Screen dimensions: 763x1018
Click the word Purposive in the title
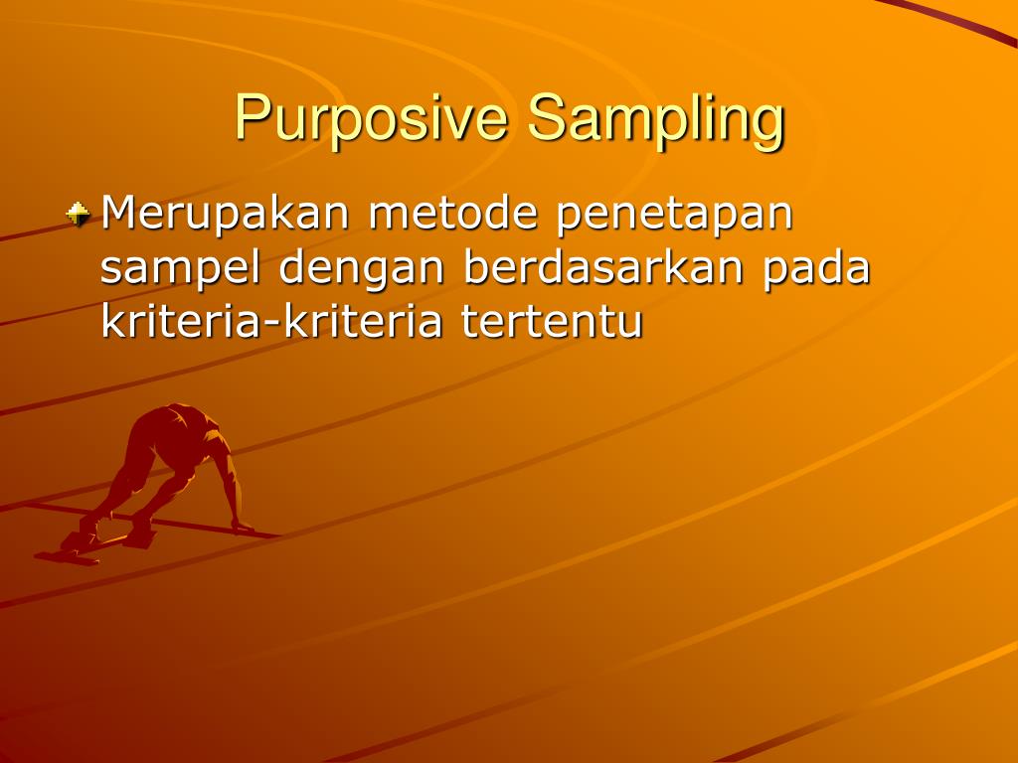point(373,118)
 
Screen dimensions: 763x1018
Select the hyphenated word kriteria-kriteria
point(271,323)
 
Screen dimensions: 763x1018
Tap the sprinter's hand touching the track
point(241,527)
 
